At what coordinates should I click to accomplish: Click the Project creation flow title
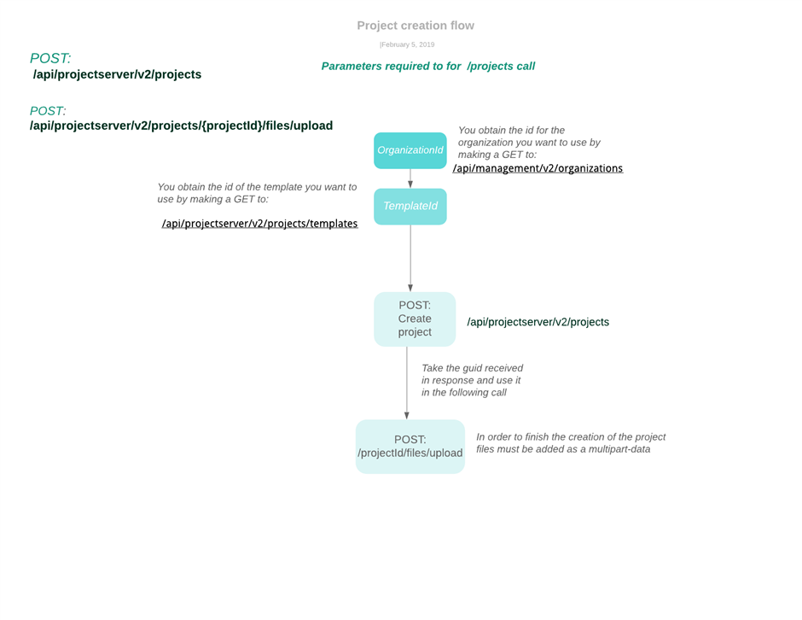click(x=416, y=26)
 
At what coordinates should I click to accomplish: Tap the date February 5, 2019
click(x=408, y=44)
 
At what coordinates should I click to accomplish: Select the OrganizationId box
click(x=410, y=150)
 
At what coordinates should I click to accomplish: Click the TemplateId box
click(x=410, y=207)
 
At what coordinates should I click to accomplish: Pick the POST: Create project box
click(x=415, y=319)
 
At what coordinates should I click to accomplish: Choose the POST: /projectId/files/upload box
click(x=410, y=447)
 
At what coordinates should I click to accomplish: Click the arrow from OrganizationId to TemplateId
click(x=410, y=178)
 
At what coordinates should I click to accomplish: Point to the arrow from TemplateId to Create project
click(x=410, y=258)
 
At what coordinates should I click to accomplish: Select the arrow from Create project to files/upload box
click(x=407, y=383)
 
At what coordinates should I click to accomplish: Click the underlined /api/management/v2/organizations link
click(x=538, y=168)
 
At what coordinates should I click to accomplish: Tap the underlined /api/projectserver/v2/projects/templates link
click(x=260, y=224)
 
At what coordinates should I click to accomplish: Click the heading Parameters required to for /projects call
click(x=428, y=66)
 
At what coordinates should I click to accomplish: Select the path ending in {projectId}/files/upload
click(x=181, y=126)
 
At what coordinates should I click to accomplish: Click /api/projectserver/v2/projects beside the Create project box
click(x=538, y=322)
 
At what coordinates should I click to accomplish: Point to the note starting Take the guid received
click(x=472, y=380)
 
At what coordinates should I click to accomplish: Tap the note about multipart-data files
click(x=571, y=443)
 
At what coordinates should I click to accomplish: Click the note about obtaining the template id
click(x=257, y=193)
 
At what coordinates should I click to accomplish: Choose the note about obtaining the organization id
click(x=529, y=143)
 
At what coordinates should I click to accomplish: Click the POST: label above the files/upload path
click(x=48, y=111)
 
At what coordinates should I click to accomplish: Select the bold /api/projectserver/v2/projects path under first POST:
click(x=117, y=74)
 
